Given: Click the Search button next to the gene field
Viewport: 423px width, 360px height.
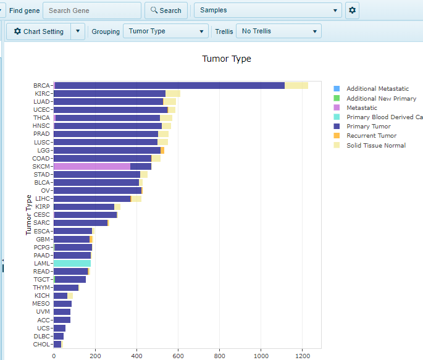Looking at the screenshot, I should (166, 10).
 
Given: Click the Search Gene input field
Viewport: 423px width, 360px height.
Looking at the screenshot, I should (92, 10).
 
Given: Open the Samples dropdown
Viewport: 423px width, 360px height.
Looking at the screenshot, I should (267, 10).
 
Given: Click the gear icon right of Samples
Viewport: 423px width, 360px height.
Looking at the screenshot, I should (352, 10).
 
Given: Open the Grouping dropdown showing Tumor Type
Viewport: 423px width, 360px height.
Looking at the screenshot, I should (165, 31).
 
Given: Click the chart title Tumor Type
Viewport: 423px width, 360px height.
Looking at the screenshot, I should (227, 59).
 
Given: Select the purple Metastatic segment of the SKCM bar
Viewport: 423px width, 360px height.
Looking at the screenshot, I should (91, 166).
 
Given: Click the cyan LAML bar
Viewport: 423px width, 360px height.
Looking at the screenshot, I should (72, 263).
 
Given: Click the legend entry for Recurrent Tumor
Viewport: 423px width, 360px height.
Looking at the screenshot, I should (371, 136).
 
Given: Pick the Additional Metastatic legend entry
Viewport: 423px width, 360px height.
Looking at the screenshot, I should (377, 89).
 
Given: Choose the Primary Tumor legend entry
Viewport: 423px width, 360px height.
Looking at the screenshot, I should (369, 127).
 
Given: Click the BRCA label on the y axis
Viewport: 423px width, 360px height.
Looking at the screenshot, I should (41, 85).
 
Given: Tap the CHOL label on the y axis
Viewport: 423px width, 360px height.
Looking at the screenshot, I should (41, 344).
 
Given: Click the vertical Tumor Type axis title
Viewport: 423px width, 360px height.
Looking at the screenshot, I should (28, 215).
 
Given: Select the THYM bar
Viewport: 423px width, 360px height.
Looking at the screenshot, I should (66, 287).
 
